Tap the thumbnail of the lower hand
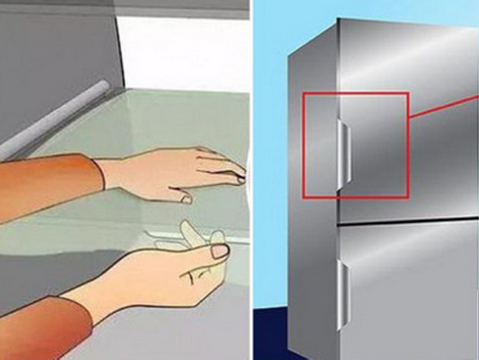click(220, 250)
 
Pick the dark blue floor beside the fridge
click(279, 333)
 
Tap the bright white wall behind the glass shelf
click(186, 49)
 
